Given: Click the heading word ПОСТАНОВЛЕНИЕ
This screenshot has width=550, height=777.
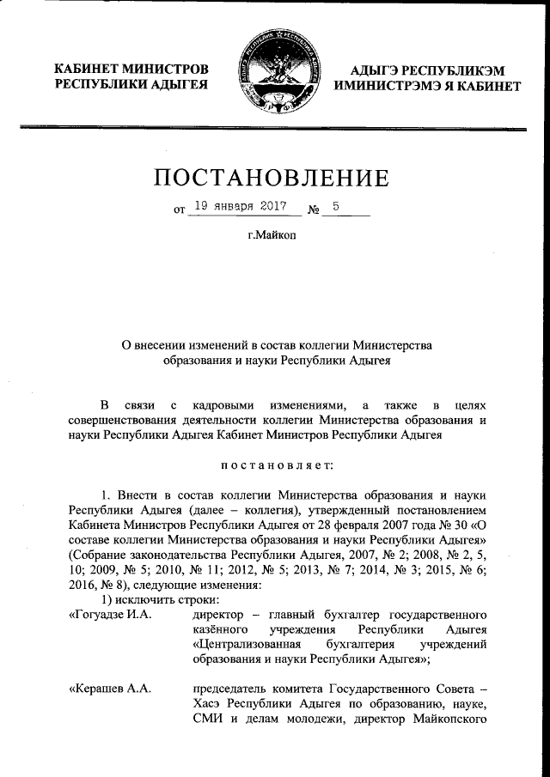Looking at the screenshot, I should coord(272,178).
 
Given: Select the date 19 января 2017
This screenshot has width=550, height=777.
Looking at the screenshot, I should coord(240,206).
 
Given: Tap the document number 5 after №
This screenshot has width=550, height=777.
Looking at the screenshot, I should coord(336,206).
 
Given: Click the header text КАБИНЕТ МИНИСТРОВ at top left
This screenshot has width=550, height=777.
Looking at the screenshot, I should coord(131,69).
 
